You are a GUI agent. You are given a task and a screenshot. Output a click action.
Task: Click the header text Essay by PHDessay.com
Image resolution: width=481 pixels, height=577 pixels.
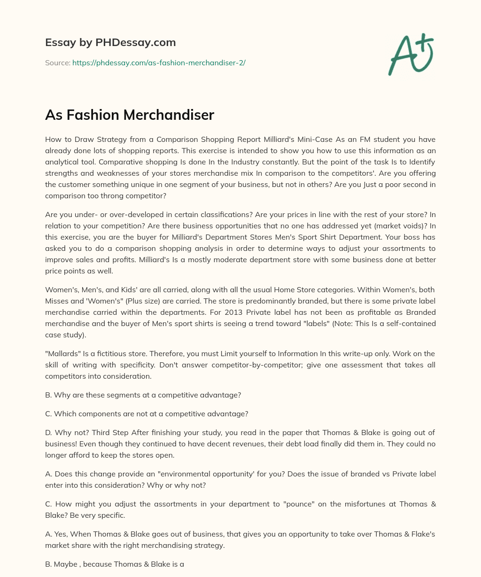(x=110, y=43)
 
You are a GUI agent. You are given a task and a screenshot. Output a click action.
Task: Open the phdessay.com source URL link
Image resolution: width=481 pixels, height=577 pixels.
(x=159, y=62)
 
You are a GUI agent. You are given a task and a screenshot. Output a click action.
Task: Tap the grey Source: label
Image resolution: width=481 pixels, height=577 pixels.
(x=58, y=62)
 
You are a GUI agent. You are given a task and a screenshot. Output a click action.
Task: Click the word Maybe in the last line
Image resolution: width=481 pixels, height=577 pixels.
(x=66, y=564)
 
